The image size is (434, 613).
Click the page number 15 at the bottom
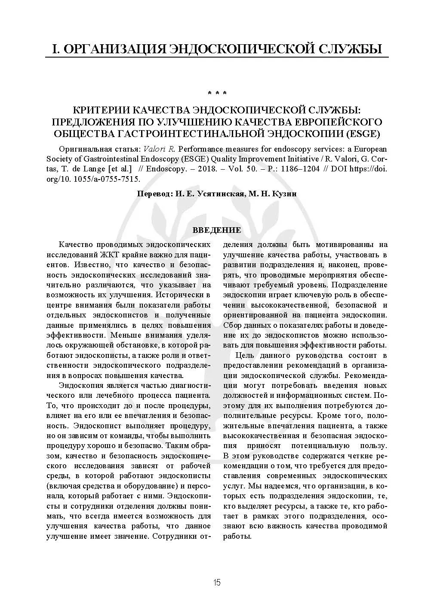217,583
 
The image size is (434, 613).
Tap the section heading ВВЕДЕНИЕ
217,230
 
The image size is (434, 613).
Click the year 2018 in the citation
201,169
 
